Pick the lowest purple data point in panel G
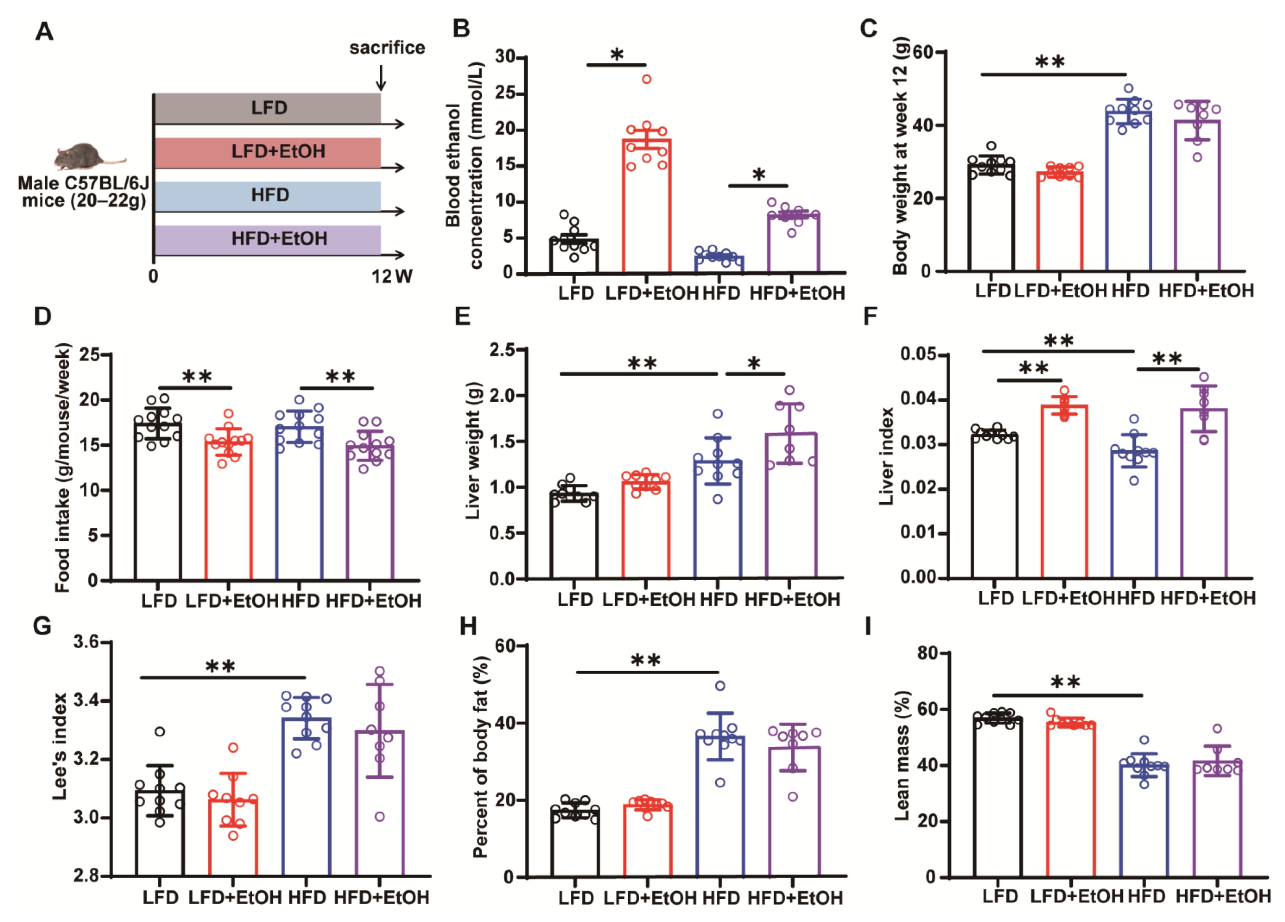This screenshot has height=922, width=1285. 380,817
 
